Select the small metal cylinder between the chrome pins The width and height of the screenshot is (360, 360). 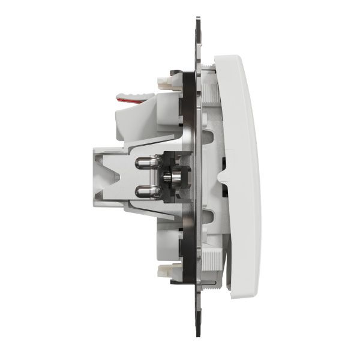pyautogui.click(x=167, y=178)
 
